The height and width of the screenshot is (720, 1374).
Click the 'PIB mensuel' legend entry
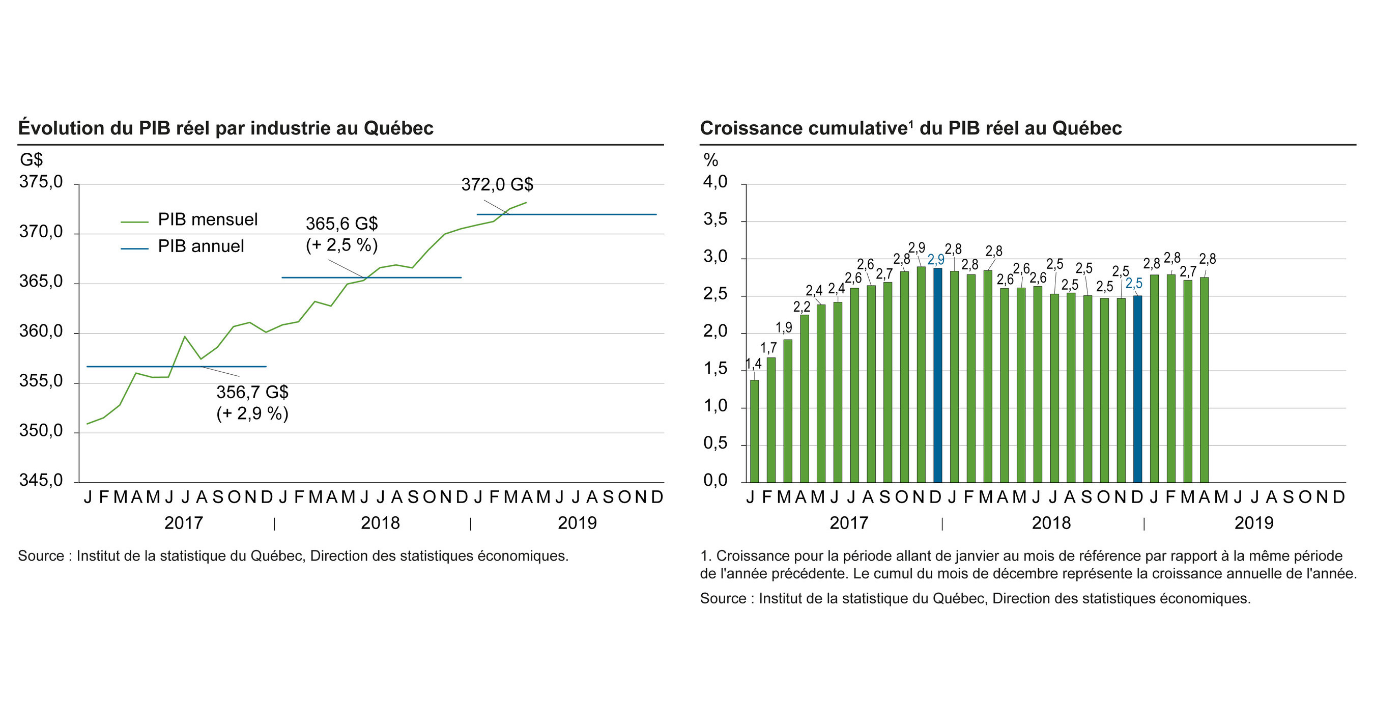[207, 219]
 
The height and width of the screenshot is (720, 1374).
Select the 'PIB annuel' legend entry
[201, 246]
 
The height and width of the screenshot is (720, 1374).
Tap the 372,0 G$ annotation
[497, 185]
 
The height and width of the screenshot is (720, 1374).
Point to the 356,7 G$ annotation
[252, 392]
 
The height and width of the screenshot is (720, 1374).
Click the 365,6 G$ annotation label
[341, 224]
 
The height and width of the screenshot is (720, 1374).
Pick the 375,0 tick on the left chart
[41, 182]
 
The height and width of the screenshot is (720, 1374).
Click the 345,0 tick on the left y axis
[41, 480]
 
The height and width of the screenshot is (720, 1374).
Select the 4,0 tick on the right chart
[715, 182]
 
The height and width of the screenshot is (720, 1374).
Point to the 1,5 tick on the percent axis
[715, 369]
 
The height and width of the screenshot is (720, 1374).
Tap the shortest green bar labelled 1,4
[754, 431]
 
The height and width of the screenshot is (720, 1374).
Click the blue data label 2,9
[935, 260]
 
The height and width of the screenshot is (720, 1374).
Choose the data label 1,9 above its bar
[784, 328]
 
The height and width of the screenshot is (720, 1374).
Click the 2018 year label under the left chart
[380, 523]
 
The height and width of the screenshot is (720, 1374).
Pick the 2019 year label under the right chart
[1253, 523]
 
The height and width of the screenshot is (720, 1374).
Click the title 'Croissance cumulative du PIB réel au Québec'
[910, 129]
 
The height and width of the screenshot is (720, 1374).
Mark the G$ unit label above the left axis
[31, 160]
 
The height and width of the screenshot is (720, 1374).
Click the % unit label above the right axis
[710, 160]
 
